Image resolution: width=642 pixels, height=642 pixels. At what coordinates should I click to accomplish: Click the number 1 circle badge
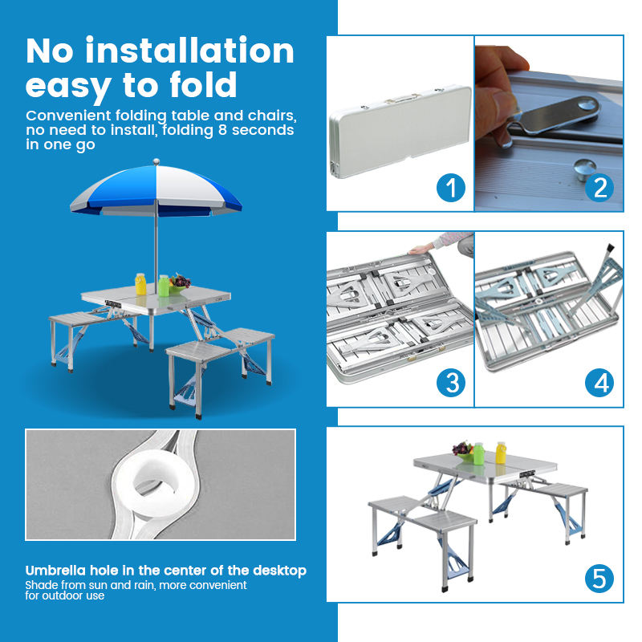(x=451, y=188)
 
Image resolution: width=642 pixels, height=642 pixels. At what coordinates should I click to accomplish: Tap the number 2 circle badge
(x=600, y=188)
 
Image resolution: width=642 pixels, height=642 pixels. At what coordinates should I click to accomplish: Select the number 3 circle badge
(x=451, y=382)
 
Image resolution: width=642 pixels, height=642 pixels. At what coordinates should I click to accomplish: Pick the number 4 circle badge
(x=600, y=383)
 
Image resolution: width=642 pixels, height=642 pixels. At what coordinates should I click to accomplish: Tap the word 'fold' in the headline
(x=201, y=84)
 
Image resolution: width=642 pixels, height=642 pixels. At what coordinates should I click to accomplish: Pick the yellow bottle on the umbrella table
(x=140, y=284)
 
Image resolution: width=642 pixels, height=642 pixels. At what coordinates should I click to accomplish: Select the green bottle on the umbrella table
(x=164, y=285)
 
